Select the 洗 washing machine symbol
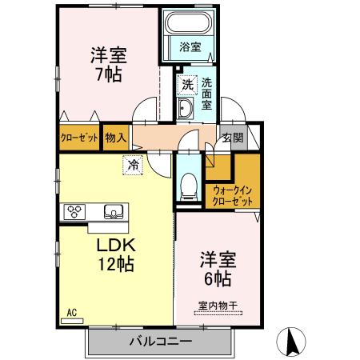tap(186, 83)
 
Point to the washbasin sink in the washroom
tap(186, 110)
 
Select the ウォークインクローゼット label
tap(232, 195)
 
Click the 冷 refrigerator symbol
tap(131, 166)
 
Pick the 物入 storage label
tap(117, 138)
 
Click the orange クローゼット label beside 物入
tap(79, 138)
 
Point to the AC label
tap(70, 313)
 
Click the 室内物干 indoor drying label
tap(217, 305)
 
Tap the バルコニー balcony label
tap(160, 342)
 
